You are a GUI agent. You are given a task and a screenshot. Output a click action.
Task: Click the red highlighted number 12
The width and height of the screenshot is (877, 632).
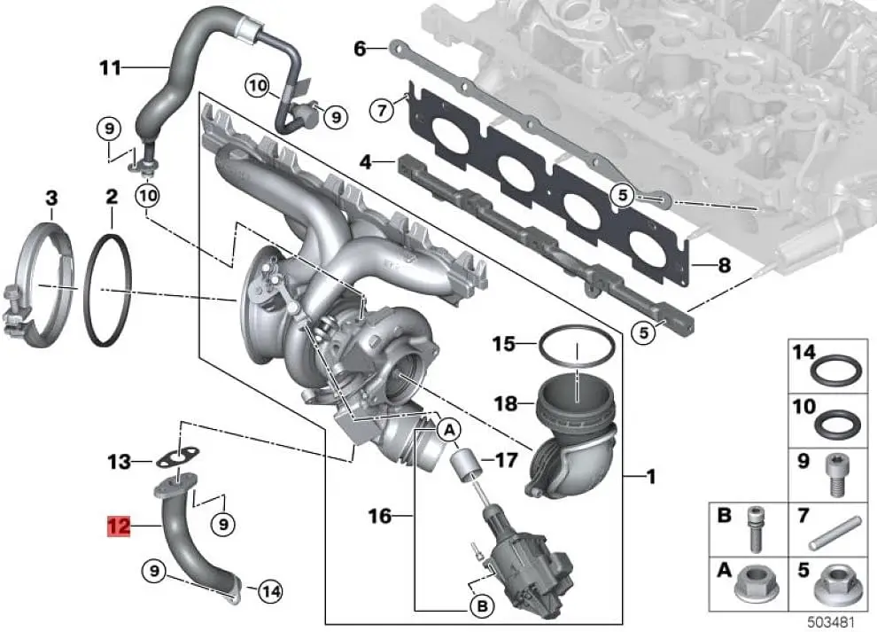tap(119, 527)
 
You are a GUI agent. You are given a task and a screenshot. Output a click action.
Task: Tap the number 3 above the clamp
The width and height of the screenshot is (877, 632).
tap(51, 197)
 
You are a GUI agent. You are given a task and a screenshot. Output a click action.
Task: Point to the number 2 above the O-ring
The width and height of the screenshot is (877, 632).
tap(111, 197)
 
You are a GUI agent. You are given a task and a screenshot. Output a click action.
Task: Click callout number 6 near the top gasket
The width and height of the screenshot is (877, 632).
tap(360, 49)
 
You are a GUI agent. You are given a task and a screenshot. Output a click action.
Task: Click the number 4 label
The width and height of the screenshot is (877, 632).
tap(365, 162)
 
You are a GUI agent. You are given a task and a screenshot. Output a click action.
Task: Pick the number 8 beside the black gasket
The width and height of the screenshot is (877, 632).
tap(724, 263)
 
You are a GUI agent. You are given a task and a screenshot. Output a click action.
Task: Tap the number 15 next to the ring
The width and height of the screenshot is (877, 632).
tap(503, 342)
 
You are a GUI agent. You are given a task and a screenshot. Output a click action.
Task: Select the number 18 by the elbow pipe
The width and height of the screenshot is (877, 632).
tap(505, 404)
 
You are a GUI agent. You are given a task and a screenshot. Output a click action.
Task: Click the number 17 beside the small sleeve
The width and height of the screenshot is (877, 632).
tap(506, 461)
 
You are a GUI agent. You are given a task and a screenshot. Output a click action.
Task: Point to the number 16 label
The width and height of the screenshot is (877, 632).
tap(379, 514)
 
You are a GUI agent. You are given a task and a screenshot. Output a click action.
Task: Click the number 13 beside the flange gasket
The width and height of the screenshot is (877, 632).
tap(119, 461)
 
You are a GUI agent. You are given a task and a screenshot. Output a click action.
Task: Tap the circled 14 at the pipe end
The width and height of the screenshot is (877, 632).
tap(271, 589)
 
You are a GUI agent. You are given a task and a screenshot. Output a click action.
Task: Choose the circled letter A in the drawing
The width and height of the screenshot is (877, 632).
tap(449, 430)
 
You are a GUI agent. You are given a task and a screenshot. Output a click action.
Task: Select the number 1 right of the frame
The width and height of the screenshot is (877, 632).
tap(651, 479)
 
